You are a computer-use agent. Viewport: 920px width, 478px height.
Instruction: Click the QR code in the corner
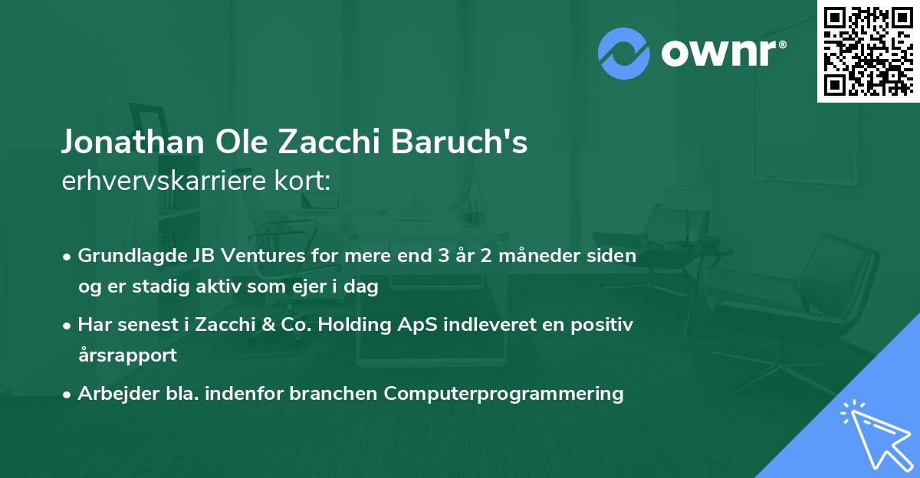tap(867, 51)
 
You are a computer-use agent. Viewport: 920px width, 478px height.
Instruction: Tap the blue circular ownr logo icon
tap(623, 53)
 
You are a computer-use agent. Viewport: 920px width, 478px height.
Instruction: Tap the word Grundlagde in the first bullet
tap(124, 256)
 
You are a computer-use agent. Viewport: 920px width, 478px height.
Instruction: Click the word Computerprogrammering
tap(504, 394)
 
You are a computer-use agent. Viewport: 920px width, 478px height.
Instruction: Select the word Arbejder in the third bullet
tap(112, 394)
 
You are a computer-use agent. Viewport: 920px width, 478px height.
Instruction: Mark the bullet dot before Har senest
tap(68, 326)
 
